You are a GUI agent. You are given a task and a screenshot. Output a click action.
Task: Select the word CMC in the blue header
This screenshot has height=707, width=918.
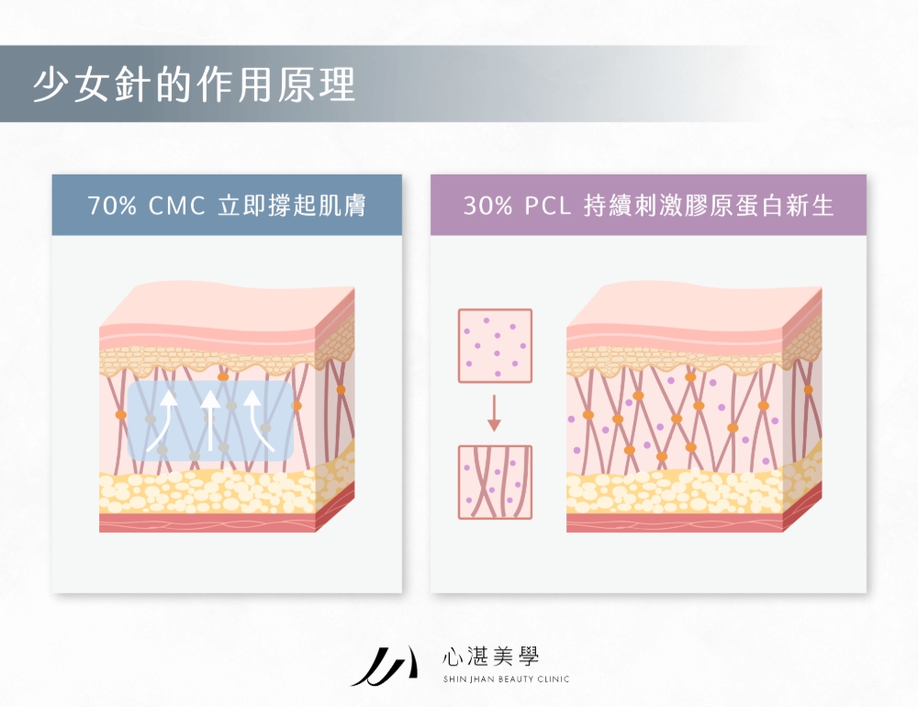tap(174, 206)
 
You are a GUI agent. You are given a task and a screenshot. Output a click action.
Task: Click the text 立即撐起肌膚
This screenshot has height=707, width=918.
tap(292, 206)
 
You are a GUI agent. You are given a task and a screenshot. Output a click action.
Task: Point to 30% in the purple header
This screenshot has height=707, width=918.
tap(487, 206)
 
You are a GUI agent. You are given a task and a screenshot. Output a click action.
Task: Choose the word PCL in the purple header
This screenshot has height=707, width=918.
tap(548, 206)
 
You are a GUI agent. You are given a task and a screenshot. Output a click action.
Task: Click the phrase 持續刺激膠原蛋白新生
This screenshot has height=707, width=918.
tap(710, 206)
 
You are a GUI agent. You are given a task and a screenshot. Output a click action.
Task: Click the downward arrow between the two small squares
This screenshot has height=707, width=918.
tap(494, 413)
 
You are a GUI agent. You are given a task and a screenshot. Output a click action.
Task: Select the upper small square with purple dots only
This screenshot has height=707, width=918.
tap(495, 345)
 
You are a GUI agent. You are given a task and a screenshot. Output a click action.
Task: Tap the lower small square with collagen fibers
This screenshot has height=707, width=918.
tap(495, 481)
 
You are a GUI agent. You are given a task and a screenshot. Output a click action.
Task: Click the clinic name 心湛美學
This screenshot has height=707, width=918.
tap(491, 656)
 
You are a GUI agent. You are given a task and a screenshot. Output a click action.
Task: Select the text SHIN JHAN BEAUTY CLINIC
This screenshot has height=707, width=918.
tap(506, 679)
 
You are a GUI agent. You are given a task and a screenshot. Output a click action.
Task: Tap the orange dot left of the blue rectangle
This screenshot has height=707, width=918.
tap(120, 415)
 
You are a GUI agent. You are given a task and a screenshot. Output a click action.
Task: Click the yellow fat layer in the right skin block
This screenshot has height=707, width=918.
tap(675, 493)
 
